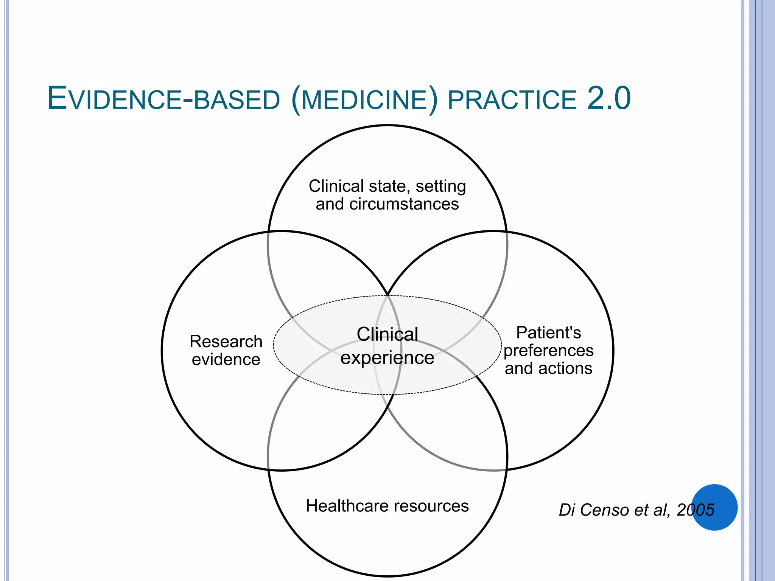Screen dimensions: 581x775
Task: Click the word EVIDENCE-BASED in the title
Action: click(x=163, y=99)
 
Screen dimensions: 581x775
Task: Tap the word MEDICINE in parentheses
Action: click(x=365, y=100)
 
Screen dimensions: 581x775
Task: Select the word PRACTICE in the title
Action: click(x=512, y=100)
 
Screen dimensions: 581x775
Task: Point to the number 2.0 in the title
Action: click(x=608, y=98)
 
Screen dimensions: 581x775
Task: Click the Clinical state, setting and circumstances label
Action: click(x=387, y=195)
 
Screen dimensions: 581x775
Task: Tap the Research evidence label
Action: click(x=226, y=350)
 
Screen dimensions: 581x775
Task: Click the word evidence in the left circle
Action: click(x=226, y=359)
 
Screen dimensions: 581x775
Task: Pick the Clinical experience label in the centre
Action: click(x=387, y=346)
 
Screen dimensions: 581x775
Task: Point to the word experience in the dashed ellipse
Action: click(x=387, y=358)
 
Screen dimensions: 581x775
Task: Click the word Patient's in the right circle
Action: click(x=548, y=333)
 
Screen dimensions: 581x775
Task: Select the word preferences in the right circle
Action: click(x=548, y=351)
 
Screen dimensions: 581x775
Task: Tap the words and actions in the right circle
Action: click(x=548, y=368)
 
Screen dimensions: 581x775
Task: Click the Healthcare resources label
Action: click(x=387, y=506)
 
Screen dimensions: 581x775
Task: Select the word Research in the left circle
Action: click(x=226, y=342)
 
